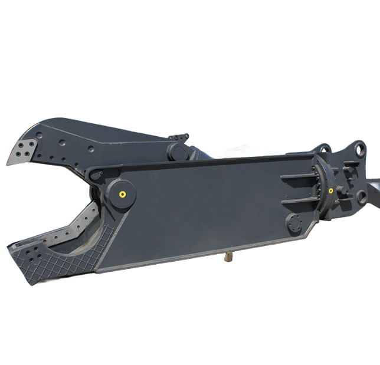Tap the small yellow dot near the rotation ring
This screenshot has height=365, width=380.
(x=332, y=190)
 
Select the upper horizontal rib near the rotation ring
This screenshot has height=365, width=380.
(x=298, y=176)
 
